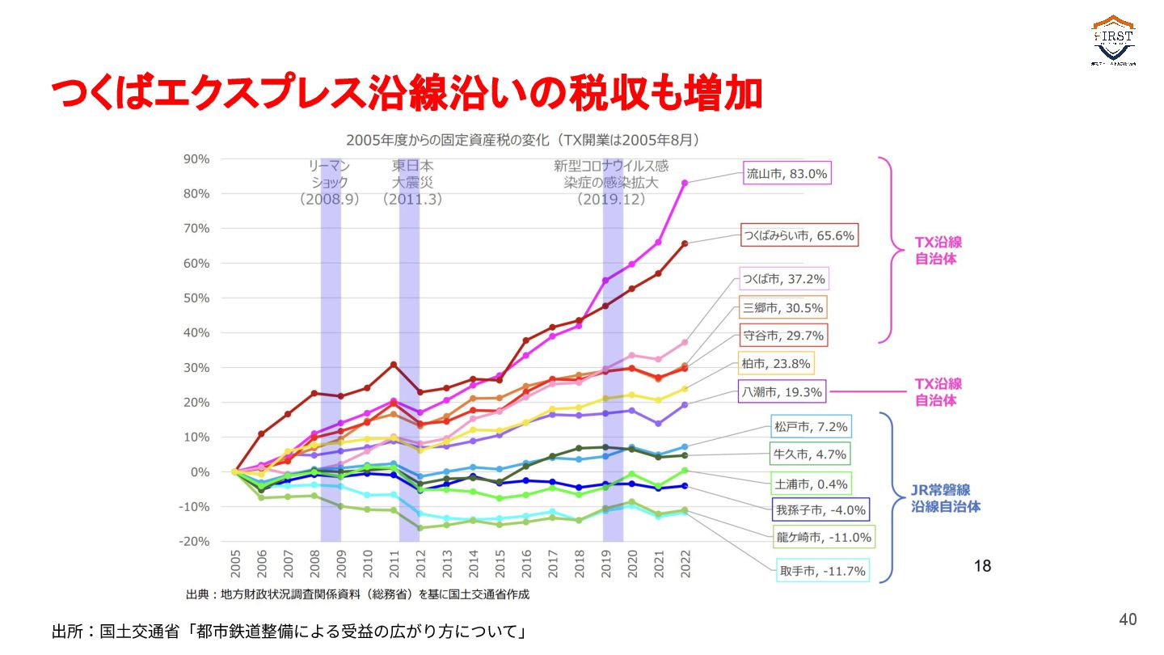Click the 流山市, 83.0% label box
[x=787, y=172]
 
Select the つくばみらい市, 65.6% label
[x=799, y=236]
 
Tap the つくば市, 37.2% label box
[x=784, y=279]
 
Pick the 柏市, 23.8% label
[x=775, y=363]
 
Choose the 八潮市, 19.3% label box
[x=782, y=392]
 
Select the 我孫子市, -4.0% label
[x=820, y=510]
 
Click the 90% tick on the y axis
[x=197, y=159]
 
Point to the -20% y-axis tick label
[x=194, y=541]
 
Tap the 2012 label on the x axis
[x=420, y=564]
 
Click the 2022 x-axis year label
[x=685, y=564]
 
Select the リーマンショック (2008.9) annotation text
[x=329, y=182]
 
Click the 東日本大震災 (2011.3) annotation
[x=413, y=182]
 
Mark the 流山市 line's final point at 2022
[x=685, y=183]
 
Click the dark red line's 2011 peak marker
[x=394, y=365]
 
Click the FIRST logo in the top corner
[x=1113, y=40]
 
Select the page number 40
[x=1128, y=619]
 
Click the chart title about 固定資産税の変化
[x=522, y=139]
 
